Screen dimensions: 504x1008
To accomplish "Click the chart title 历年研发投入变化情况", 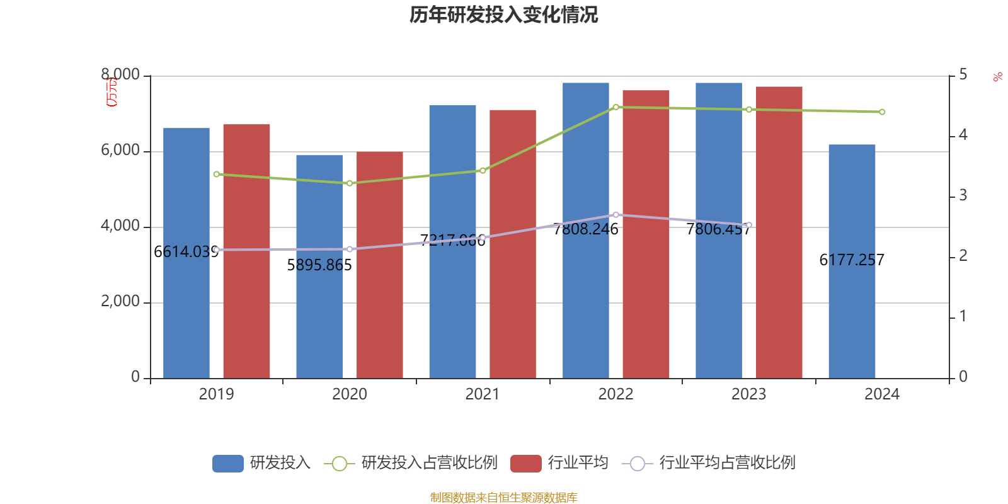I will point(503,14).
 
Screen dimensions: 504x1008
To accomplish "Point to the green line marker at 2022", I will point(616,107).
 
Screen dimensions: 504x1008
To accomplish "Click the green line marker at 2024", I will point(882,112).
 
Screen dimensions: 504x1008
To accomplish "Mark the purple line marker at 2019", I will point(217,250).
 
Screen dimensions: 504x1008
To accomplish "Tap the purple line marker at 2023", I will point(749,225).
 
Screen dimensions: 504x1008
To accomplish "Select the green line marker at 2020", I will point(350,183).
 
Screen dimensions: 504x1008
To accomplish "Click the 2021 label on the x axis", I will point(483,394).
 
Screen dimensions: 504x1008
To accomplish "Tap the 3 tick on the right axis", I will point(963,196).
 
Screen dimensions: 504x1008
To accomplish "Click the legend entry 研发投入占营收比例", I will point(429,463).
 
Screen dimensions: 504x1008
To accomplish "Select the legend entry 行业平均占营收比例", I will point(727,463).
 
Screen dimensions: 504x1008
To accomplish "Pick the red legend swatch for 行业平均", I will point(526,464).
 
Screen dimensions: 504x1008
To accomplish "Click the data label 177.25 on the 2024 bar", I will point(852,260).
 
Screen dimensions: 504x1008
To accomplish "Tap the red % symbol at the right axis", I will point(997,77).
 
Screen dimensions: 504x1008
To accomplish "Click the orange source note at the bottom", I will point(503,498).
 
